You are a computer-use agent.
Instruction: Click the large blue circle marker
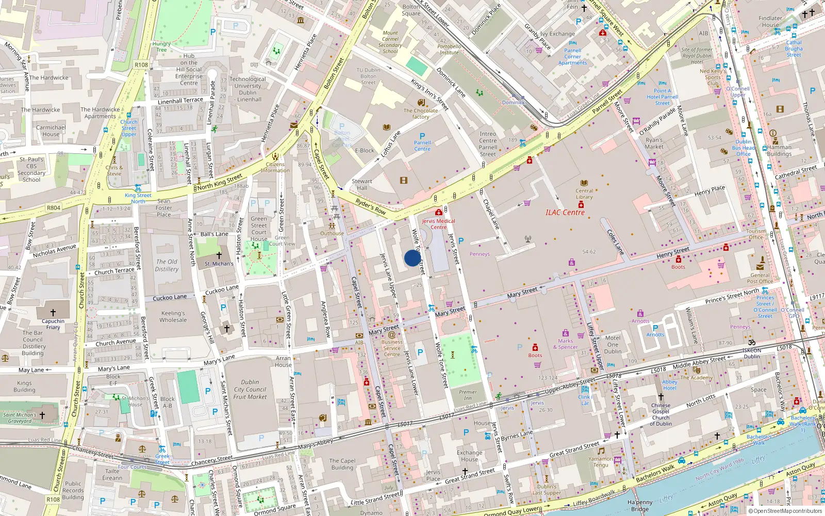[x=412, y=258]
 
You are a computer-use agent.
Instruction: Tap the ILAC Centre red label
[x=565, y=213]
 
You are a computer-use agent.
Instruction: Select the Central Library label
[x=584, y=193]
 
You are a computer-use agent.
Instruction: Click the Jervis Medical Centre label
[x=438, y=224]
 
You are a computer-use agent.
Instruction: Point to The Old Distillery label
[x=167, y=265]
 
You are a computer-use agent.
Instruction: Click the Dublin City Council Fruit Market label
[x=250, y=390]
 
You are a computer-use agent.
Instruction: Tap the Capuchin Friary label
[x=53, y=324]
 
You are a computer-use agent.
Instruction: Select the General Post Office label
[x=760, y=278]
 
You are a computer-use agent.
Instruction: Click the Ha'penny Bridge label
[x=640, y=505]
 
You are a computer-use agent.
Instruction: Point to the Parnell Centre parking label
[x=422, y=146]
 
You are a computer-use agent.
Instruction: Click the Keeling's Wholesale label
[x=173, y=316]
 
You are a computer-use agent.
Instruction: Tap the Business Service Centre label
[x=391, y=348]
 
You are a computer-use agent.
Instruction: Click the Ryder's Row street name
[x=370, y=207]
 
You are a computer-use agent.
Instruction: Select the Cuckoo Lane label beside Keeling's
[x=169, y=298]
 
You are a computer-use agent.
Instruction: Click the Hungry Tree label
[x=161, y=46]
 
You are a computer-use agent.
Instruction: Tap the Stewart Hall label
[x=361, y=184]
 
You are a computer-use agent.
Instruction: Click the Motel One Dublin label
[x=613, y=345]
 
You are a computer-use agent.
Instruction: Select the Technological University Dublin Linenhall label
[x=248, y=89]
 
